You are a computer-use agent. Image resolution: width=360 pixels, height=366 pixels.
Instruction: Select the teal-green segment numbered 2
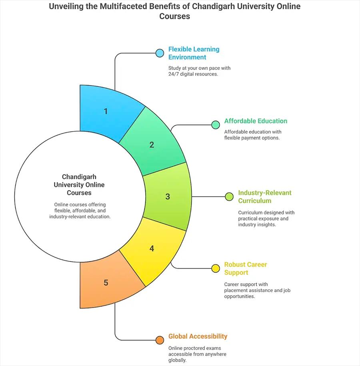click(x=152, y=145)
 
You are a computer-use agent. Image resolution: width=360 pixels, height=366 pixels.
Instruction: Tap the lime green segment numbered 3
click(x=168, y=197)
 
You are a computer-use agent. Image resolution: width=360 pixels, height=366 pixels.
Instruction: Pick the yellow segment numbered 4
click(x=152, y=249)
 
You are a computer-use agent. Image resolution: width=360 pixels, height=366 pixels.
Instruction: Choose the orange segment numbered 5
click(x=106, y=282)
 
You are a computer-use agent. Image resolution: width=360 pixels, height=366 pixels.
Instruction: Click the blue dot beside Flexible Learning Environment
click(x=160, y=53)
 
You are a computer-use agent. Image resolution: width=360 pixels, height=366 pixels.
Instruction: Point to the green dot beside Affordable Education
click(x=216, y=125)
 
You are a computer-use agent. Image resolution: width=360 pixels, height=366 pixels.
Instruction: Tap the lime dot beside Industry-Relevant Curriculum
click(x=229, y=197)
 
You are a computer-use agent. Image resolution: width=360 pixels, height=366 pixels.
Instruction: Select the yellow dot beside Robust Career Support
click(x=216, y=269)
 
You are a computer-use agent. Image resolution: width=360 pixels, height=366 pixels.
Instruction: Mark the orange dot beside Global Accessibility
click(x=160, y=340)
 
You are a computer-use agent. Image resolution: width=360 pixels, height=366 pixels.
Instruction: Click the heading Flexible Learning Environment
click(x=194, y=53)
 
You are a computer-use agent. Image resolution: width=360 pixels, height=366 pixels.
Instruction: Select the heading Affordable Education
click(x=256, y=121)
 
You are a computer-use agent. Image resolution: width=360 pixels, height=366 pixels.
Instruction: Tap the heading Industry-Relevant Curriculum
click(x=264, y=197)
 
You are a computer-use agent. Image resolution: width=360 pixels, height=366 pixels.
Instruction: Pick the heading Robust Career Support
click(x=245, y=269)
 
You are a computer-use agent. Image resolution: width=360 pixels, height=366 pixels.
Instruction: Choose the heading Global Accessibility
click(x=198, y=336)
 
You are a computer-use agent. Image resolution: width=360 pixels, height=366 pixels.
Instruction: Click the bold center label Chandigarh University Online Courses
click(x=79, y=185)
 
